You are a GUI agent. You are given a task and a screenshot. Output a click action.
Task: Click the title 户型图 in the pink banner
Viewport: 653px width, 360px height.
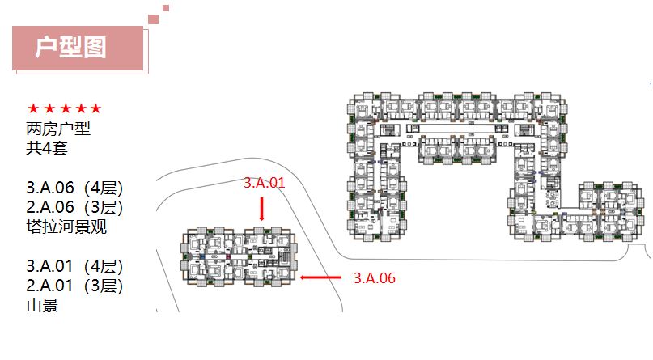coord(70,47)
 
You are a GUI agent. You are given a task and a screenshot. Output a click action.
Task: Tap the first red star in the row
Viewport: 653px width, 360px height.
coord(33,108)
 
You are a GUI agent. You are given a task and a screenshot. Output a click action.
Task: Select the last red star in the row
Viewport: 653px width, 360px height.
coord(96,108)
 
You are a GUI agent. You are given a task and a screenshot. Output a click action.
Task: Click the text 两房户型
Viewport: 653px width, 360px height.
coord(58,129)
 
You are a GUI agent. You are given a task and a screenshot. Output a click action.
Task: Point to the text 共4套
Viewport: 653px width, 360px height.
coord(47,148)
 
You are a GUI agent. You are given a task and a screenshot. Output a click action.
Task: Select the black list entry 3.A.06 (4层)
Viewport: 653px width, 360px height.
coord(75,188)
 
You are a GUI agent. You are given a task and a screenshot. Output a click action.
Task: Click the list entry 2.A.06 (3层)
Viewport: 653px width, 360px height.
coord(75,207)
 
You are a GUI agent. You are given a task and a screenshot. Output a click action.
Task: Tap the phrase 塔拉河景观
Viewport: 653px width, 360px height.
coord(66,227)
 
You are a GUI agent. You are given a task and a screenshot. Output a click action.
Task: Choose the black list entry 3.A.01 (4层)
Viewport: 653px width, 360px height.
coord(75,266)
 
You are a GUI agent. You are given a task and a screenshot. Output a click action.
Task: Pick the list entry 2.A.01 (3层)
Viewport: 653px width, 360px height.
coord(75,286)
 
